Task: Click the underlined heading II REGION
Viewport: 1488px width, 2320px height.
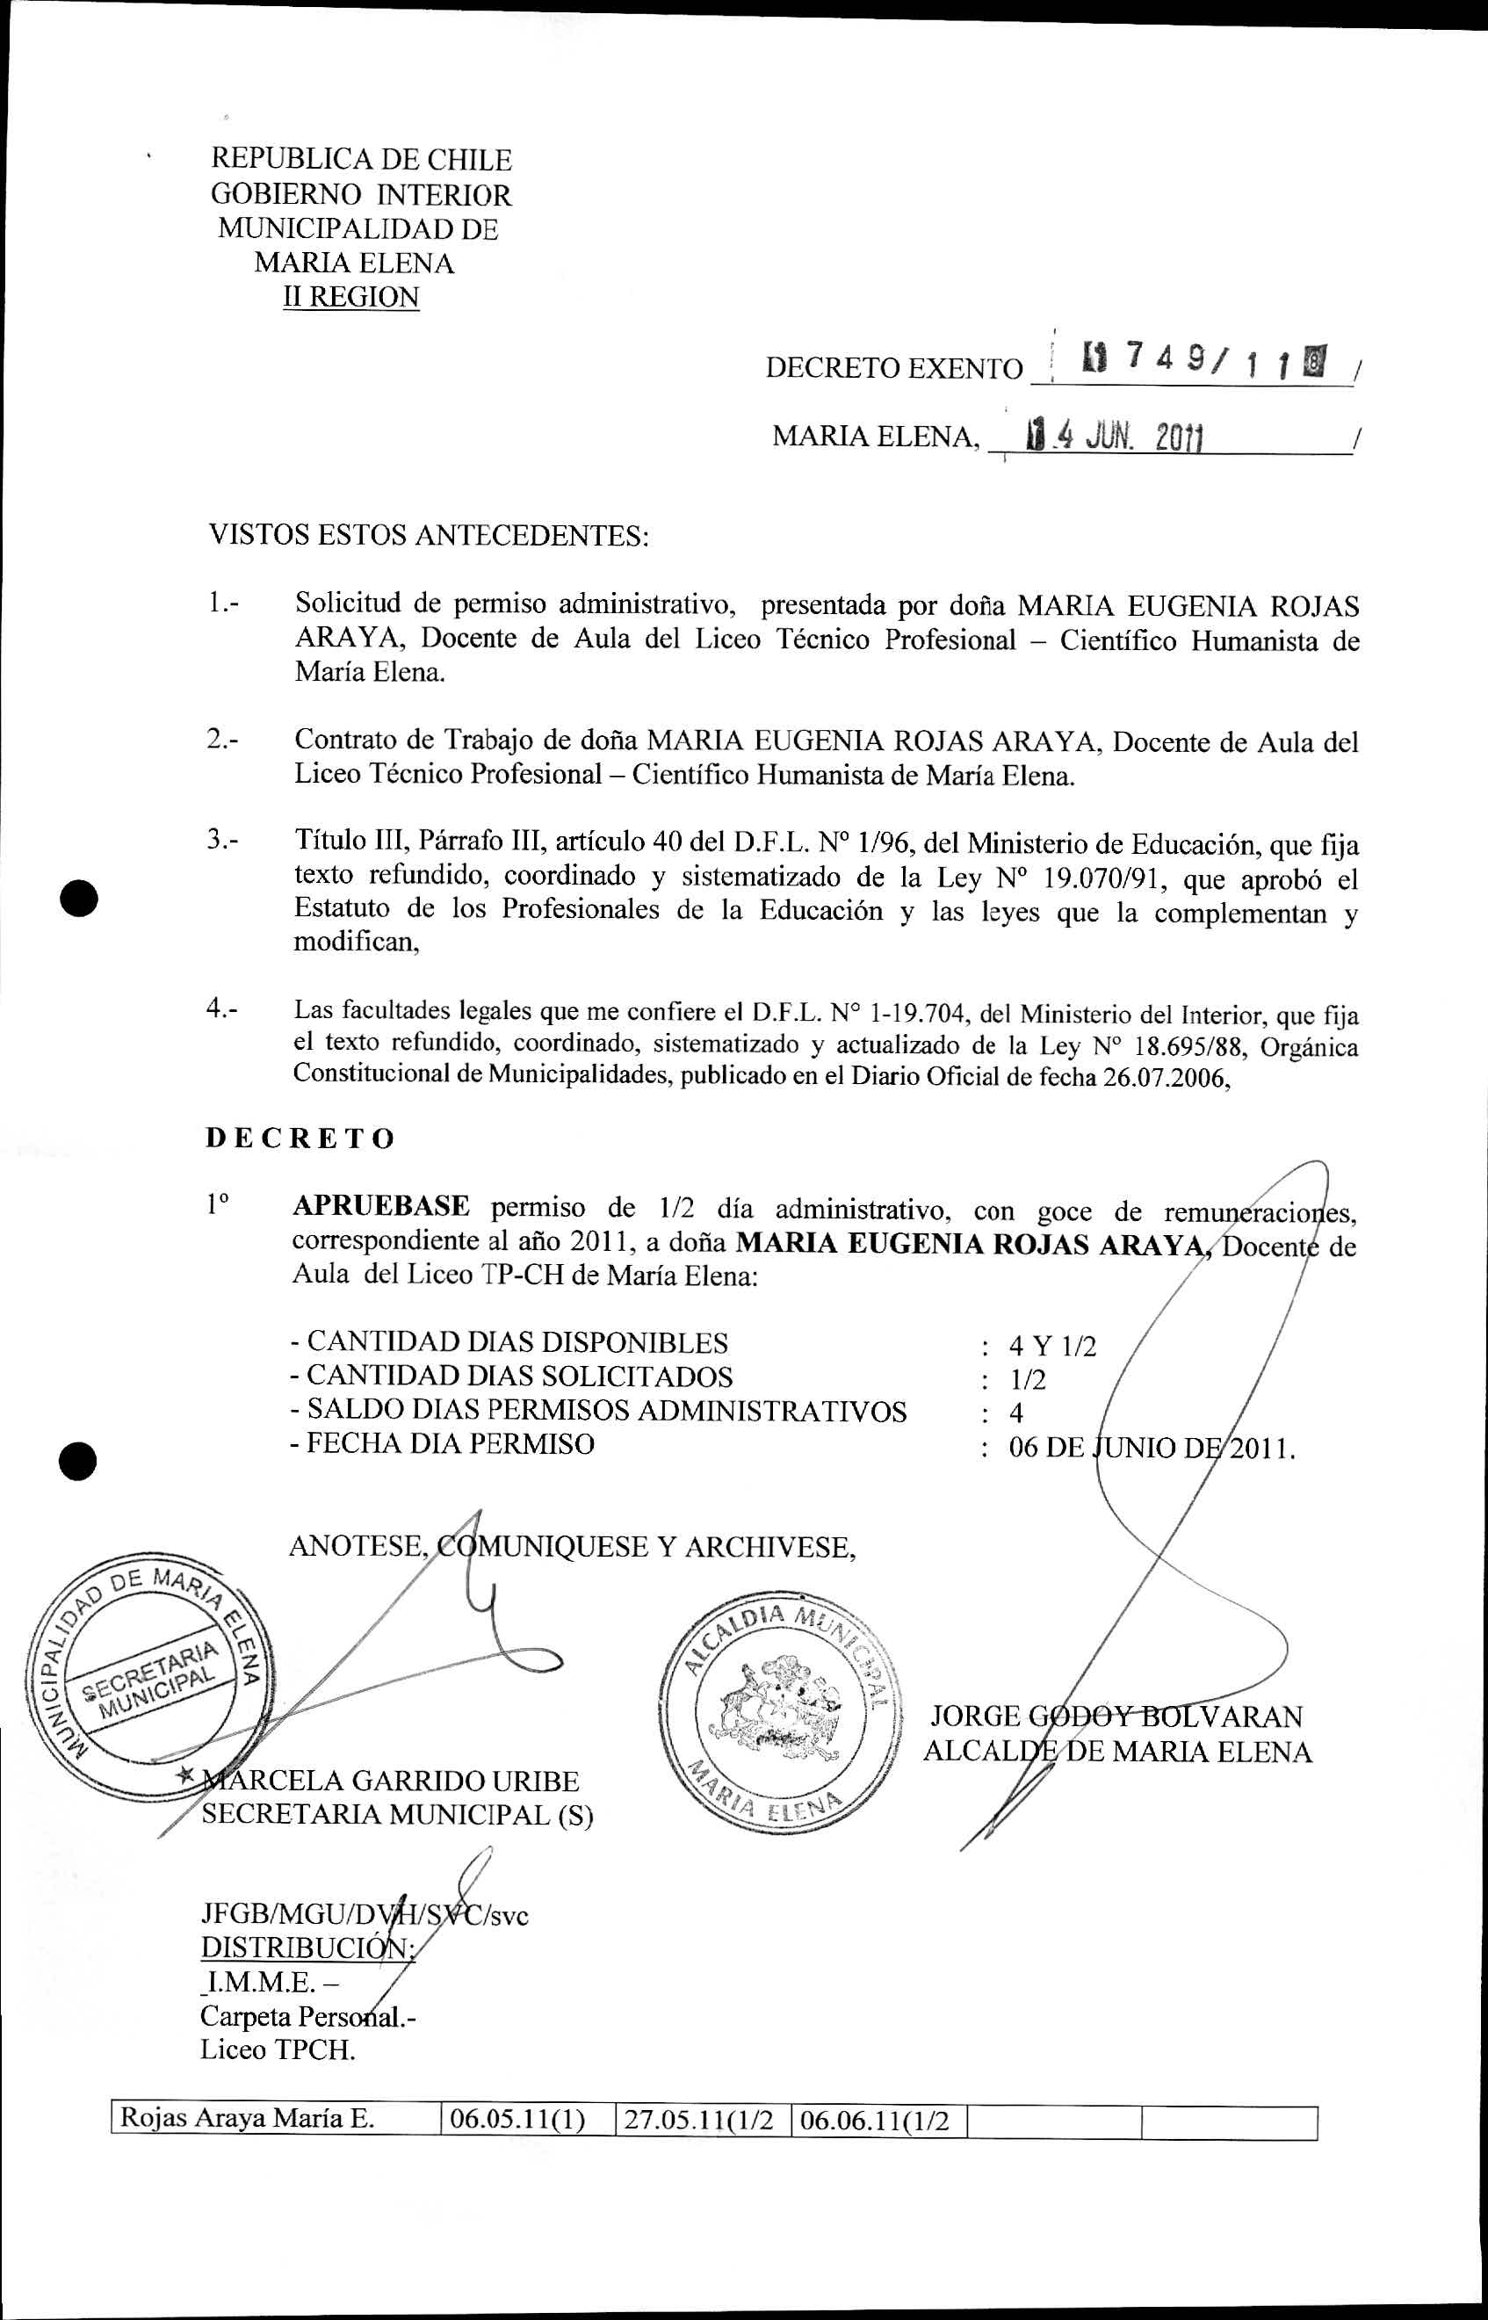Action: click(350, 297)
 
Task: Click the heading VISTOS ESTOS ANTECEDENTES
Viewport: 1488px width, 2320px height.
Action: click(428, 535)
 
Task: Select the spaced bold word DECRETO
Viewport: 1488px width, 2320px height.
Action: click(300, 1138)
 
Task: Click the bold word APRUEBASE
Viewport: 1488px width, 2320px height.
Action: click(380, 1206)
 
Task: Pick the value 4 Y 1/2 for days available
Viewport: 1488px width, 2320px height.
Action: click(1052, 1346)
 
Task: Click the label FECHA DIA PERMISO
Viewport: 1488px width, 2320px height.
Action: click(450, 1443)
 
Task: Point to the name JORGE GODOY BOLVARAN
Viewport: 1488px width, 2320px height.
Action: click(1116, 1717)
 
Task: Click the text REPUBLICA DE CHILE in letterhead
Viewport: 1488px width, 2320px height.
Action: click(361, 159)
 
